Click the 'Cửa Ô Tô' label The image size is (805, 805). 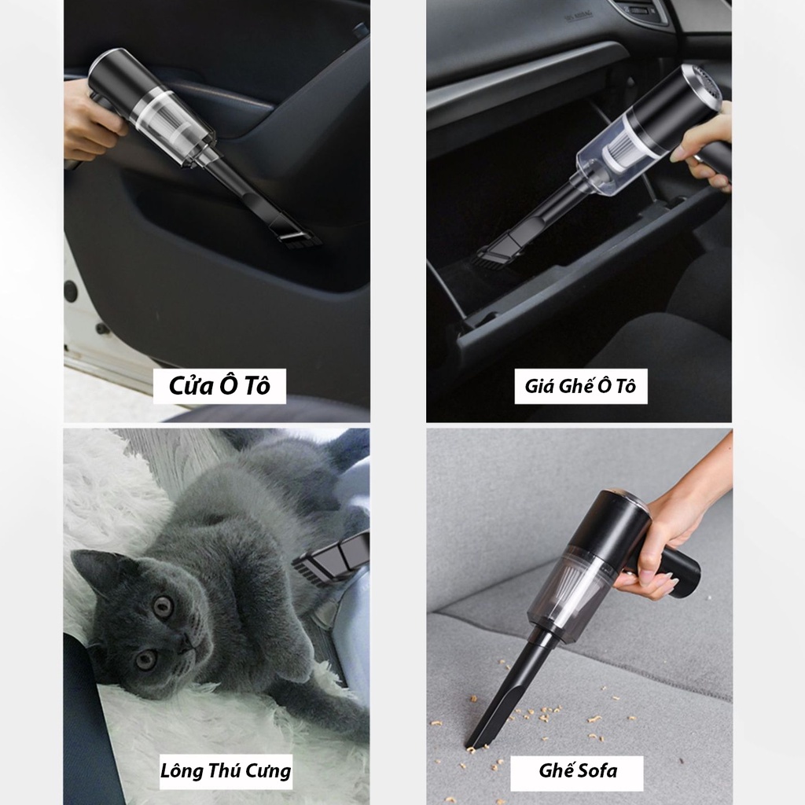[x=219, y=387]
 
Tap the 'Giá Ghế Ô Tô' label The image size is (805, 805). [x=580, y=387]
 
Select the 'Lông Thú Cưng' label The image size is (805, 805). [x=226, y=770]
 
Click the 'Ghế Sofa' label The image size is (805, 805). [x=577, y=770]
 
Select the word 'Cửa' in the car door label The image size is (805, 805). [x=189, y=387]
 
